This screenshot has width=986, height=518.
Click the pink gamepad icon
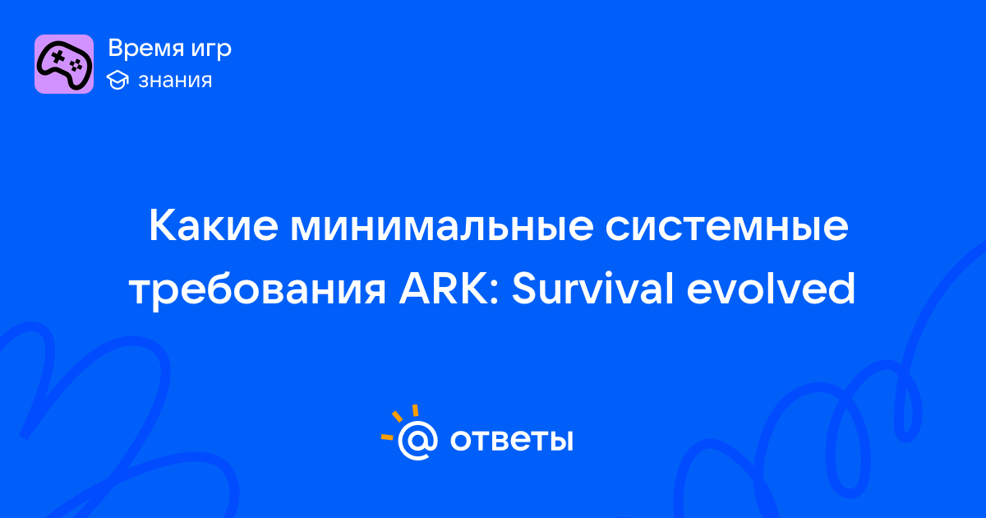coord(64,64)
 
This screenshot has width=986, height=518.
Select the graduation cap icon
coord(117,80)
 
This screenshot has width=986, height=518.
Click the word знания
coord(175,81)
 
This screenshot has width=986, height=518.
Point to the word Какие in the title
coord(214,226)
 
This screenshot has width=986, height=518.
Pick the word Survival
coord(592,289)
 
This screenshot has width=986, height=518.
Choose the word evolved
coord(771,289)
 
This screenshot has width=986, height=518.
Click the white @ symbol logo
coord(417,440)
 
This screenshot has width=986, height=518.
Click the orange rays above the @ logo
coord(399,422)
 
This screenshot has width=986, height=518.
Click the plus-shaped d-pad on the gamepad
coord(58,57)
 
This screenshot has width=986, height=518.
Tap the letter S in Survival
coord(526,289)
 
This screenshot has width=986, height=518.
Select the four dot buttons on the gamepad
coord(76,66)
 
